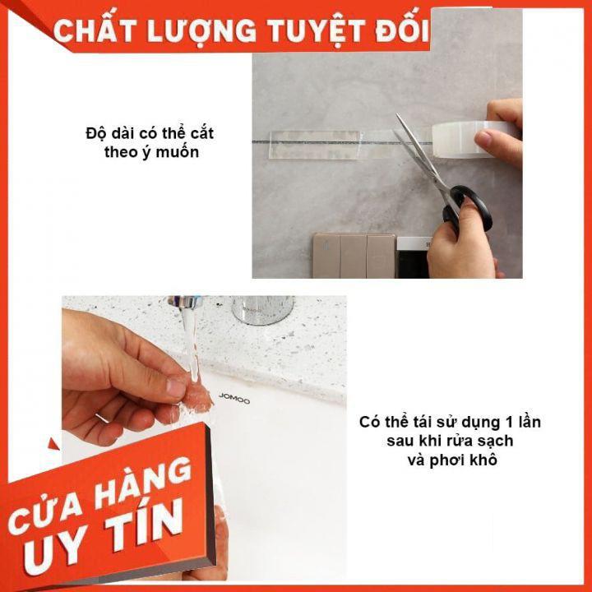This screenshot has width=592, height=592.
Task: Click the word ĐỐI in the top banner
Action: (402, 28)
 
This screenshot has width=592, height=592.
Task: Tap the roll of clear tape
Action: (472, 139)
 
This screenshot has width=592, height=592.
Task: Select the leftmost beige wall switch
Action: (326, 256)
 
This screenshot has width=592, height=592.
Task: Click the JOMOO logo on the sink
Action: (234, 398)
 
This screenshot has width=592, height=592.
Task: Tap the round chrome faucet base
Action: (262, 309)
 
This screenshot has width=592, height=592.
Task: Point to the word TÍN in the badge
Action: (143, 524)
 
